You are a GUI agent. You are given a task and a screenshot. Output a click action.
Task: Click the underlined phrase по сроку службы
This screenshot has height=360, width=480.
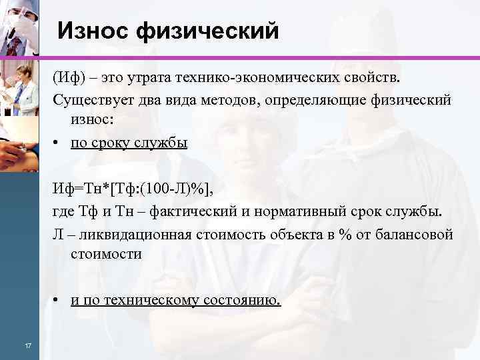pyautogui.click(x=129, y=143)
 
